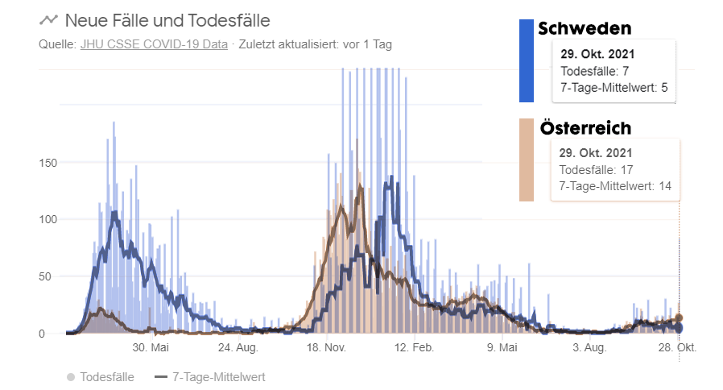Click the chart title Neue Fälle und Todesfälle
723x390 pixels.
[167, 20]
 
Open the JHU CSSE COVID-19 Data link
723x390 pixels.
[154, 44]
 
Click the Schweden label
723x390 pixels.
[585, 28]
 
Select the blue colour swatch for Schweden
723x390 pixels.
[527, 60]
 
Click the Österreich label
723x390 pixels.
[585, 128]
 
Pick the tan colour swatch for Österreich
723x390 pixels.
[527, 160]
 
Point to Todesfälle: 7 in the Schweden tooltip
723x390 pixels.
[594, 71]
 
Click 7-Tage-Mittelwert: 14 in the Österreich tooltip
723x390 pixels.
[615, 186]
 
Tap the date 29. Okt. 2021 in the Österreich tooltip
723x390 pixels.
[596, 152]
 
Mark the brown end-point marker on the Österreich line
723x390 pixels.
[679, 318]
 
